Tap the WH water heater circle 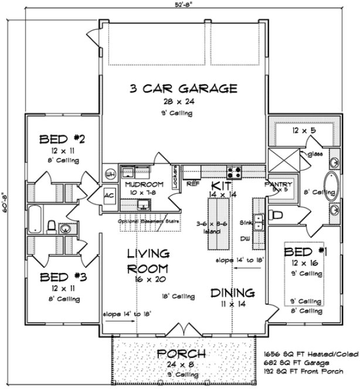tap(109, 173)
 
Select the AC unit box tap(109, 195)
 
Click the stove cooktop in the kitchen tap(235, 172)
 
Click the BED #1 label tap(303, 252)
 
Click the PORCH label tap(181, 354)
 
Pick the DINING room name tap(234, 292)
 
